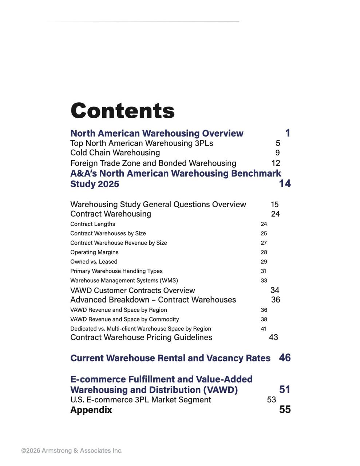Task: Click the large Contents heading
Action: click(x=123, y=111)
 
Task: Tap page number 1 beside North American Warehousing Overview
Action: click(x=288, y=133)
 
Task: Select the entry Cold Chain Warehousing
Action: click(x=115, y=153)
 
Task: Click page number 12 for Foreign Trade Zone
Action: click(x=276, y=163)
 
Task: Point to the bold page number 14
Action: click(x=285, y=183)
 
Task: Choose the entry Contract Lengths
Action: click(x=92, y=224)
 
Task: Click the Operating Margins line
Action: click(x=94, y=252)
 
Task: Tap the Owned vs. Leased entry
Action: click(x=94, y=262)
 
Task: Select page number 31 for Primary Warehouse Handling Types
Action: click(x=264, y=271)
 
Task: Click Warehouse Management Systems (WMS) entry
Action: click(x=124, y=281)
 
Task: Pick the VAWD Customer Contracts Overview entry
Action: click(x=132, y=291)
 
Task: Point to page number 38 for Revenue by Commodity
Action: click(x=264, y=319)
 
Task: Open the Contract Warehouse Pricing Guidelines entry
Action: click(x=141, y=337)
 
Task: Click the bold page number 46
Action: click(x=285, y=358)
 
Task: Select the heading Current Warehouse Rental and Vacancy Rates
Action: click(x=170, y=358)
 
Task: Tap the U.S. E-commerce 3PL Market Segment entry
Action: click(x=141, y=400)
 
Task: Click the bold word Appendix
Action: click(x=91, y=410)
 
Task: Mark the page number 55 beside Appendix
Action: click(x=285, y=410)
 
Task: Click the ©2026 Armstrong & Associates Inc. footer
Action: click(x=72, y=451)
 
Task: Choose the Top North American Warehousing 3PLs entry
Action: click(x=142, y=143)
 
